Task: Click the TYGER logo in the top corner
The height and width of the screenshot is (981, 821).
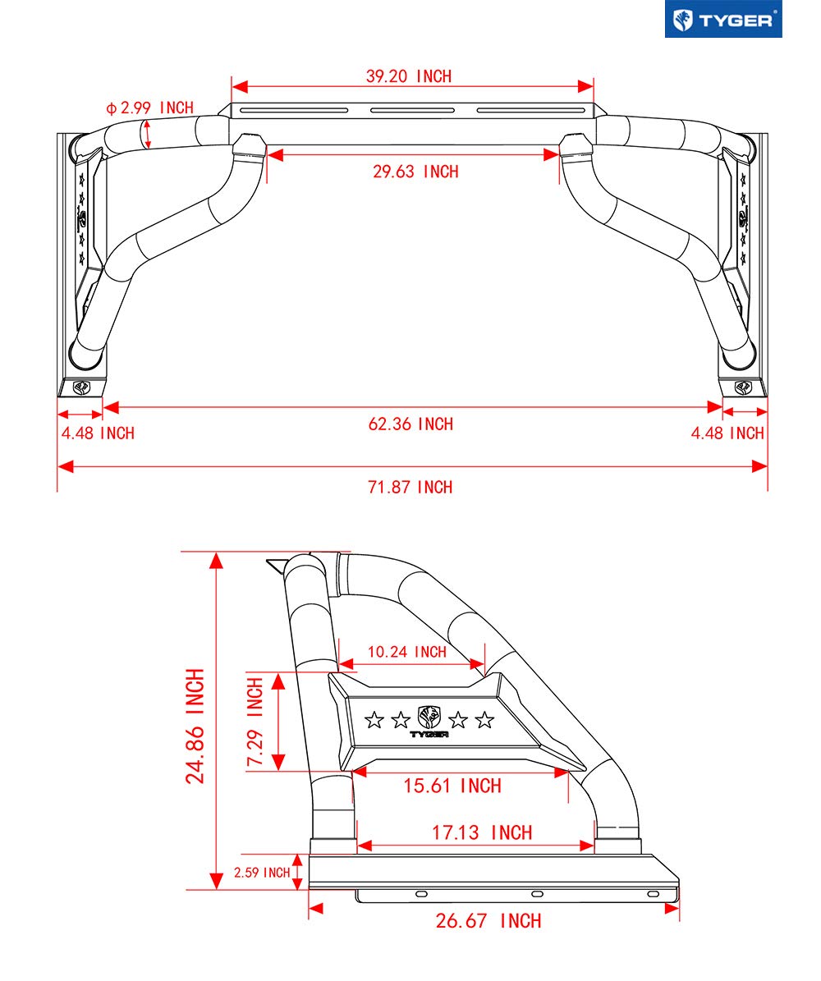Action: (x=722, y=19)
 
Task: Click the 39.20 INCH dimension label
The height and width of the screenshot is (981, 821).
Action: (x=409, y=76)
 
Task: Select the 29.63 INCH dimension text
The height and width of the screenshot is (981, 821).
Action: (x=415, y=172)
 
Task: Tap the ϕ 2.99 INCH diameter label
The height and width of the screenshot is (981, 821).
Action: (x=149, y=108)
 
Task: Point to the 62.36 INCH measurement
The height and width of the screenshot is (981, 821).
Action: (x=410, y=424)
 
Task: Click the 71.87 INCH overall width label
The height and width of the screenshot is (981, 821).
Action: (x=410, y=487)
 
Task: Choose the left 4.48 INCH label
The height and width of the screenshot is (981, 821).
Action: (x=97, y=433)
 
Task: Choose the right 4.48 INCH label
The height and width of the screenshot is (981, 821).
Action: (x=727, y=433)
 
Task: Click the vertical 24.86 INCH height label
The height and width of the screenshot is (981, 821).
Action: (x=195, y=726)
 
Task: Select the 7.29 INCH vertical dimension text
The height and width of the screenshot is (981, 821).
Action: (x=255, y=722)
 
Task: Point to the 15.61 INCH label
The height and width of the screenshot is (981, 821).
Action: (x=452, y=786)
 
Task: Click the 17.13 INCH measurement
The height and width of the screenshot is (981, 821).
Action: (x=482, y=832)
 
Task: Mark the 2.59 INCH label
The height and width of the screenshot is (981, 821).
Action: (x=262, y=872)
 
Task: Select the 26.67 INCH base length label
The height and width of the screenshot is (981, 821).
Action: (x=488, y=921)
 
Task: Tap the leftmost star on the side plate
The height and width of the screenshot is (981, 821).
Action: (x=374, y=721)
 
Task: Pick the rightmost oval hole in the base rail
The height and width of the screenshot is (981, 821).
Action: (x=653, y=893)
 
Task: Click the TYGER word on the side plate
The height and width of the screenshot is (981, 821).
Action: (x=429, y=734)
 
